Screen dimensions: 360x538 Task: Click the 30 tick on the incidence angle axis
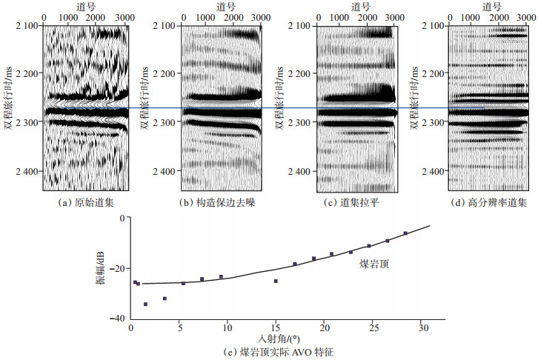423,329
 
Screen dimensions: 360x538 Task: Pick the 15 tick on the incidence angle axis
277,329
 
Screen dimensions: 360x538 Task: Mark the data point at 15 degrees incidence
276,281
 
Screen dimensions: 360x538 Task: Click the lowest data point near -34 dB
146,304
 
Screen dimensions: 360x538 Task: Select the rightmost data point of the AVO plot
405,233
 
